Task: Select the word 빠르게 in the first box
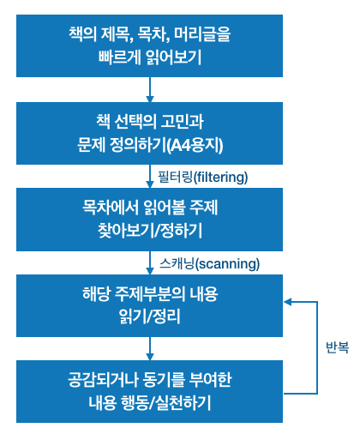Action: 118,57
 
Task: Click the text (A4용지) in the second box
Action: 195,145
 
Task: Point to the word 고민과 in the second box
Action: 182,122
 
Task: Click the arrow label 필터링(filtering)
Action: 203,177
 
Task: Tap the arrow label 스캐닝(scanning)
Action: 209,263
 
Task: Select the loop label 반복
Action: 337,347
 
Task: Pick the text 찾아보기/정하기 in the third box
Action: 150,231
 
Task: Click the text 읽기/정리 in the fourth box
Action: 150,316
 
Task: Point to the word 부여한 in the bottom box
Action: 210,380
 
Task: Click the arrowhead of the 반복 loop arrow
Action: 287,302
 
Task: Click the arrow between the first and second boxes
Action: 150,89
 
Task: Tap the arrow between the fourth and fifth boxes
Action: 150,348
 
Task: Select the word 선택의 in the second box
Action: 135,122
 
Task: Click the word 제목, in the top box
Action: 117,34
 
